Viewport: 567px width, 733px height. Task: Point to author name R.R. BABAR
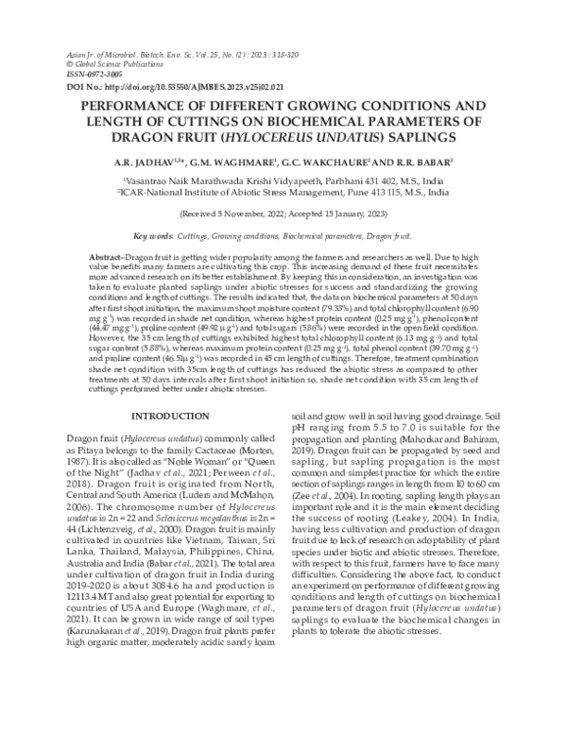tap(426, 162)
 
